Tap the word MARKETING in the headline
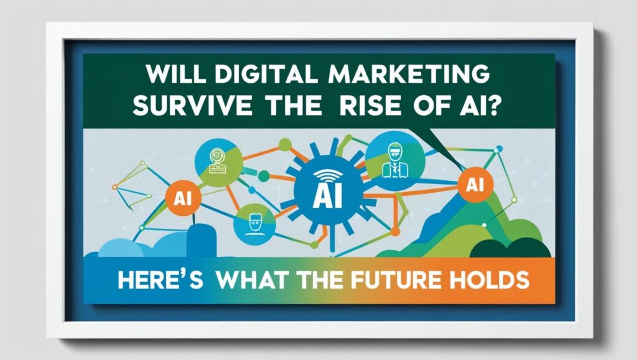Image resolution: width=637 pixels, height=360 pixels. click(408, 74)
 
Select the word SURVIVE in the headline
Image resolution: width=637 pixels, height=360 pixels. click(192, 106)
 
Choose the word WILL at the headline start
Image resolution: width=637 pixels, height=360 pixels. click(175, 74)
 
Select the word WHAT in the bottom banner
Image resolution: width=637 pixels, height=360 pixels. click(251, 280)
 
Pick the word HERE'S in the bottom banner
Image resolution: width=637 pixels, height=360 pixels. click(160, 280)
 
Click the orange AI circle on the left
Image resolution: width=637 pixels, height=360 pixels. click(184, 198)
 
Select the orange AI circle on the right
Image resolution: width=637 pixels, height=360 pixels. click(475, 185)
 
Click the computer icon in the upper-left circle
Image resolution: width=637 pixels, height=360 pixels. click(217, 161)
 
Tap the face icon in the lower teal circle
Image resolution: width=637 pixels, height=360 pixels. click(254, 224)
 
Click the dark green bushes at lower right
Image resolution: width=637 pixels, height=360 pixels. click(510, 248)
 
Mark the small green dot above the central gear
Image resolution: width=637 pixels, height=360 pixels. click(285, 144)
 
